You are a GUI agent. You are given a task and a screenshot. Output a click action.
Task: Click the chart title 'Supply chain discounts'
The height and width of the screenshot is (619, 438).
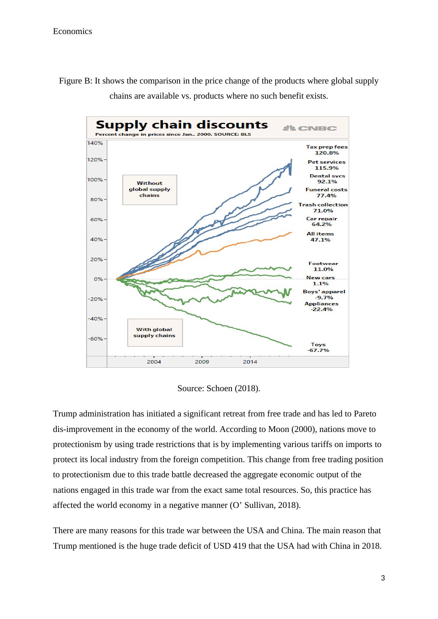[182, 125]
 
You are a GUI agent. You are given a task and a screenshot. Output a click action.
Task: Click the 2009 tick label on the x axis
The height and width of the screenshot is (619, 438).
[202, 362]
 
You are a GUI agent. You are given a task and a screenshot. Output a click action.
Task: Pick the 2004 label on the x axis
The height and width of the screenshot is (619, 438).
[154, 362]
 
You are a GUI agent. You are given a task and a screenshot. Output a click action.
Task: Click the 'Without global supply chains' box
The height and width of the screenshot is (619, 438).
[149, 189]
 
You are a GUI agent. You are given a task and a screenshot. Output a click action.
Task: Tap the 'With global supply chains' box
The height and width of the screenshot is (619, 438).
[154, 333]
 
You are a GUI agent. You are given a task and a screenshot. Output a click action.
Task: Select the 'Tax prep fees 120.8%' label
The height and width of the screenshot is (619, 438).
[327, 150]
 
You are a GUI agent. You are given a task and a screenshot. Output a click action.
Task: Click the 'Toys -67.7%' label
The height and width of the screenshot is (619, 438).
[318, 347]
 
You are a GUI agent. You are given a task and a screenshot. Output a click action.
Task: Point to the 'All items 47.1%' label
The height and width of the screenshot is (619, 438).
[320, 237]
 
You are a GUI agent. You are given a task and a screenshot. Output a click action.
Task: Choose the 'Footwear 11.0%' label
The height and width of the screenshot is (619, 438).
[323, 266]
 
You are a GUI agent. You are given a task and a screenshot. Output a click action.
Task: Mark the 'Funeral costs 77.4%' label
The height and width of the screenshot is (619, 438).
[326, 192]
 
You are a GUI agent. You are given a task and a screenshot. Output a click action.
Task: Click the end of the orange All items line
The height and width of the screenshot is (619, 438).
[291, 232]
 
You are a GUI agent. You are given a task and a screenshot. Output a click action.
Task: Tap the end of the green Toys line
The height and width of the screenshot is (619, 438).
[291, 346]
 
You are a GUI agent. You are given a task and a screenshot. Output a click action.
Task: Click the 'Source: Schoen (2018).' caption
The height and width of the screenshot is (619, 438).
[219, 388]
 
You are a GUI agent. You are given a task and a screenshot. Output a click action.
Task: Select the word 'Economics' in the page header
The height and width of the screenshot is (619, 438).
[72, 31]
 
